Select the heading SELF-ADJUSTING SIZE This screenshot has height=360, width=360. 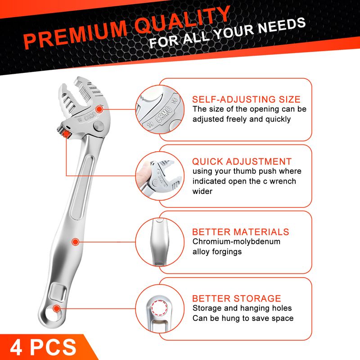pyautogui.click(x=246, y=99)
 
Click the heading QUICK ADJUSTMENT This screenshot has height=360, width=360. pyautogui.click(x=242, y=162)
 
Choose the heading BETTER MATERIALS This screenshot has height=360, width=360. pyautogui.click(x=240, y=232)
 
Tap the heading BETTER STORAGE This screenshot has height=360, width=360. pyautogui.click(x=237, y=298)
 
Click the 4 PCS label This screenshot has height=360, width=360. pyautogui.click(x=43, y=347)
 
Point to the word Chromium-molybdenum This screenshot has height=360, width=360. pyautogui.click(x=236, y=242)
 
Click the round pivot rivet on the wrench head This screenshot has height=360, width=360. pyautogui.click(x=99, y=126)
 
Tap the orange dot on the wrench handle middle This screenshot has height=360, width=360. pyautogui.click(x=75, y=242)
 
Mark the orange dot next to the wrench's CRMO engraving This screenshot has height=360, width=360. pyautogui.click(x=99, y=109)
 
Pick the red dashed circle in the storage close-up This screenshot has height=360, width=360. pyautogui.click(x=159, y=308)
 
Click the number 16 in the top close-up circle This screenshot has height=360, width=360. pyautogui.click(x=175, y=100)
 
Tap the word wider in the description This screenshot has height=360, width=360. pyautogui.click(x=202, y=191)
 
